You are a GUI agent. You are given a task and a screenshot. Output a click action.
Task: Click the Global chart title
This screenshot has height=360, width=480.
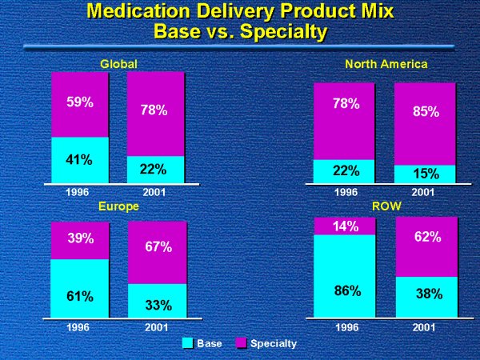coord(119,63)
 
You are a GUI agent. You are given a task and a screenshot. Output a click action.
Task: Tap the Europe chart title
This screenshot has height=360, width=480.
coord(119,206)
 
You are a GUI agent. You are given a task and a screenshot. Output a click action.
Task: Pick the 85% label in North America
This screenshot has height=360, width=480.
coord(426,112)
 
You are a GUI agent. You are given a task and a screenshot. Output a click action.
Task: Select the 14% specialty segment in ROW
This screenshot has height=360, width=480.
coord(345,226)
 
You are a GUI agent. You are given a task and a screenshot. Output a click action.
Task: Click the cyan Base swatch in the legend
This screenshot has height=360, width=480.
coord(188,343)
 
